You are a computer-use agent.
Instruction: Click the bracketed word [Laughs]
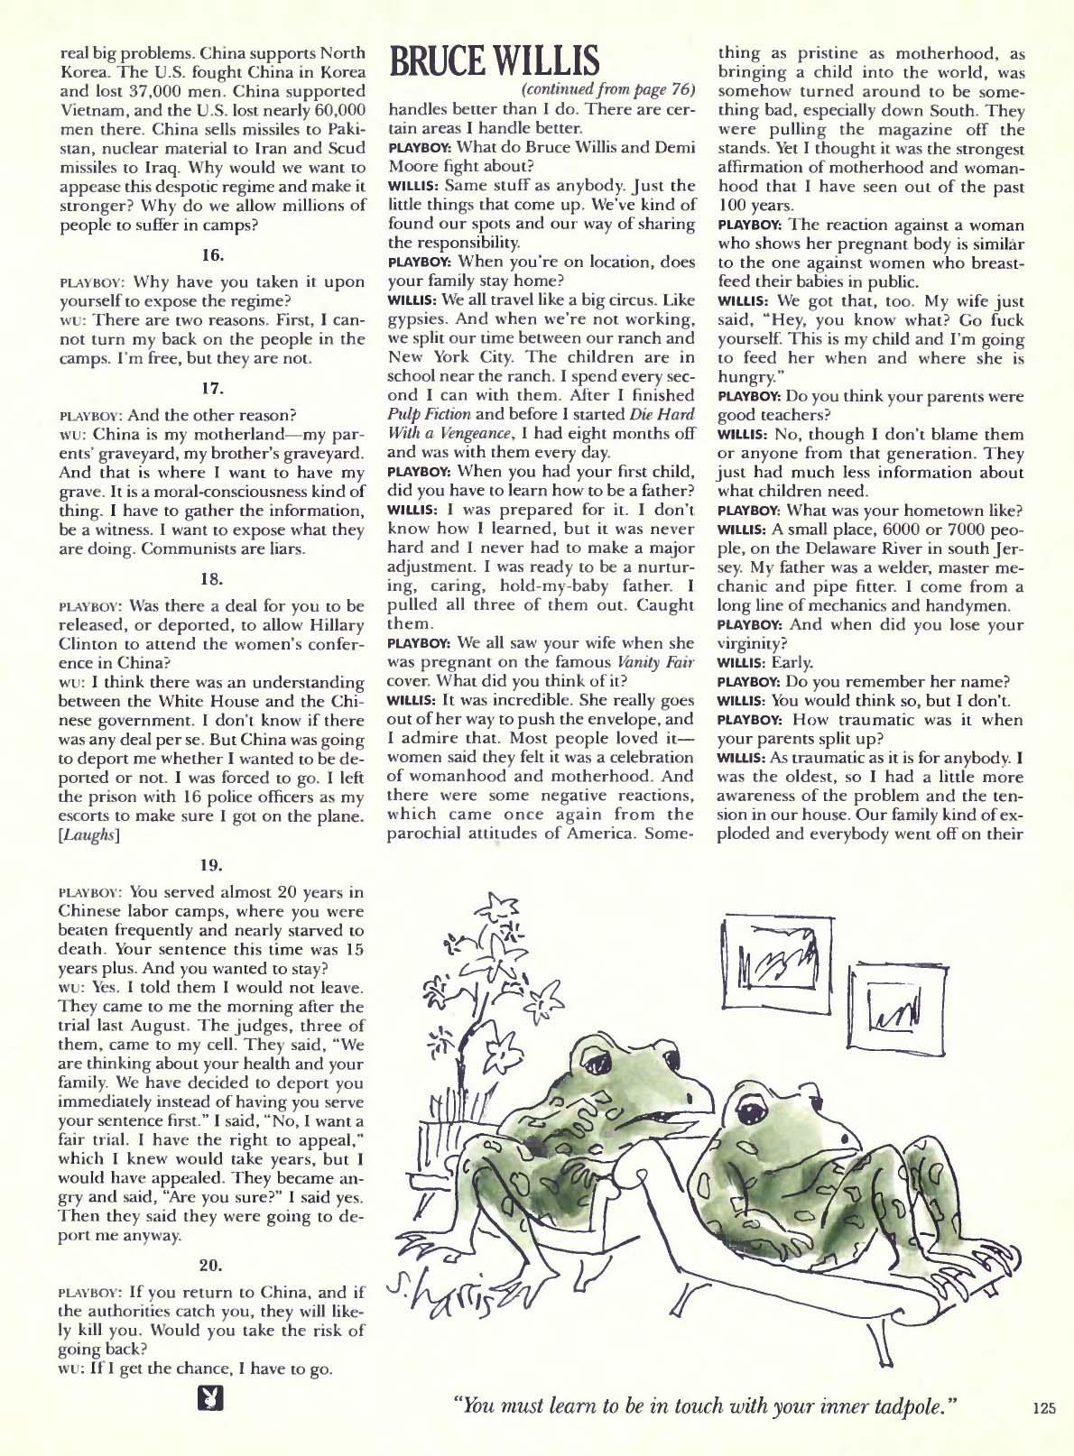pyautogui.click(x=88, y=835)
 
